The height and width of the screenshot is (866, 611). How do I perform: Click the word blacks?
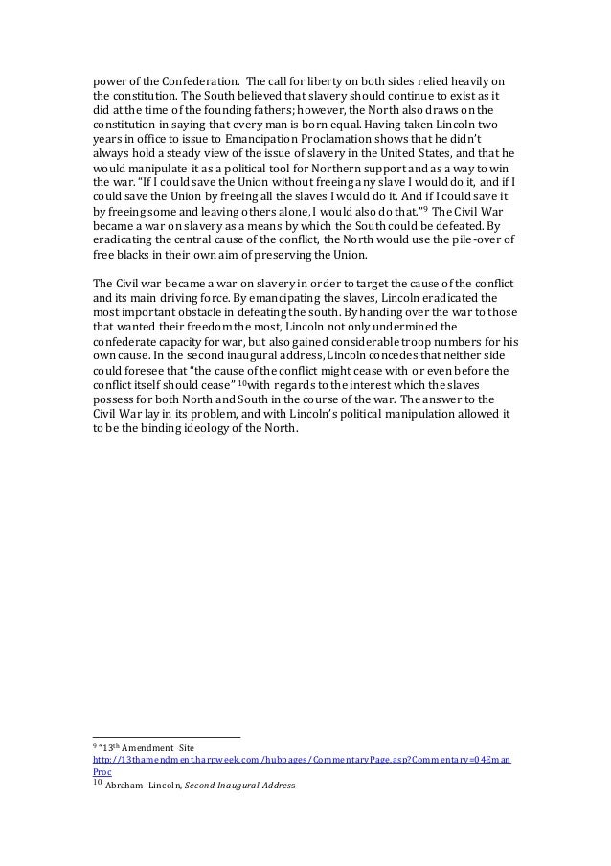coord(136,260)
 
